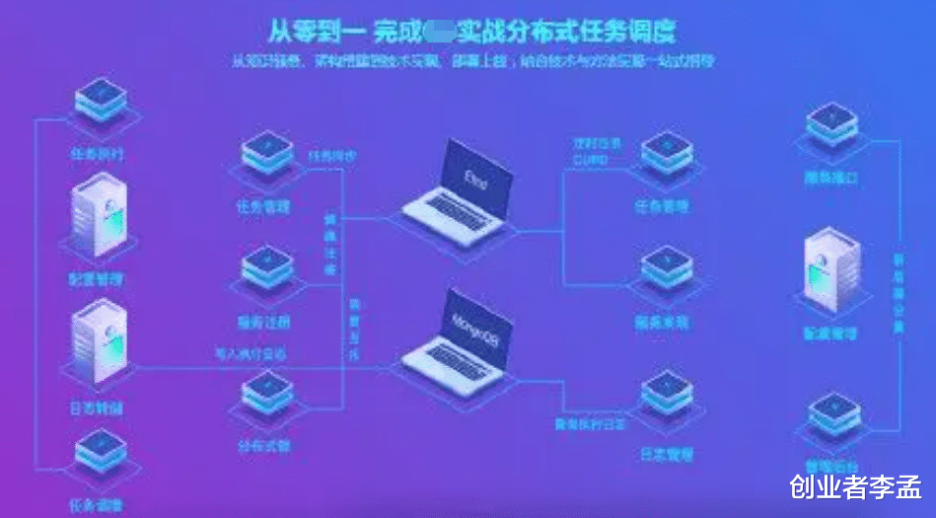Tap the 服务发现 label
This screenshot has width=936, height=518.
(x=663, y=322)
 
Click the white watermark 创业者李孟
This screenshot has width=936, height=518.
(x=854, y=486)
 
